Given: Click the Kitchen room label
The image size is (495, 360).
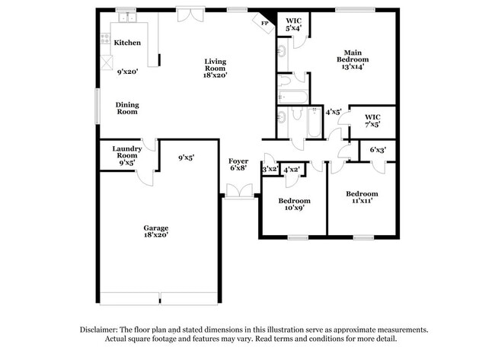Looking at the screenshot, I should [x=127, y=43].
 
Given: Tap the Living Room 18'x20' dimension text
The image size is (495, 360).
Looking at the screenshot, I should [x=215, y=75].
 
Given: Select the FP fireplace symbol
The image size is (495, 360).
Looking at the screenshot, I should [x=265, y=24].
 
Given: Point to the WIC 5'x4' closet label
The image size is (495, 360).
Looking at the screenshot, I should [x=293, y=24].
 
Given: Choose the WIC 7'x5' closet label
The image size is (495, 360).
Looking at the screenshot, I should [x=372, y=120].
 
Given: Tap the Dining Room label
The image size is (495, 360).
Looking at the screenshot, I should [x=127, y=108].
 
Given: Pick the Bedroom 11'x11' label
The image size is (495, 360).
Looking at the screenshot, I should [x=361, y=198].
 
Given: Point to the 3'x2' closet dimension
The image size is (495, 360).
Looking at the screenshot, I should [x=269, y=170].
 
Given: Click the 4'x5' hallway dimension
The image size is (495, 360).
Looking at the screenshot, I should [x=333, y=112].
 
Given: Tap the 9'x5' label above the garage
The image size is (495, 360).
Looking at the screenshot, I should [x=186, y=158].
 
